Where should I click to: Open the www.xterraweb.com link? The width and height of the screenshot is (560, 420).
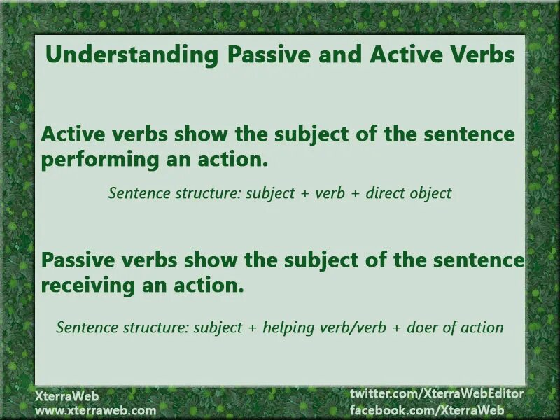pos(96,410)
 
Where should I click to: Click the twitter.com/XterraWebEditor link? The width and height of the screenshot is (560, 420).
pos(437,395)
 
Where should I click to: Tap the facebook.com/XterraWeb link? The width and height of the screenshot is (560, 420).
pos(427,410)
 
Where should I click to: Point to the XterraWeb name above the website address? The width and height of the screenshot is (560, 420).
pos(67,395)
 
